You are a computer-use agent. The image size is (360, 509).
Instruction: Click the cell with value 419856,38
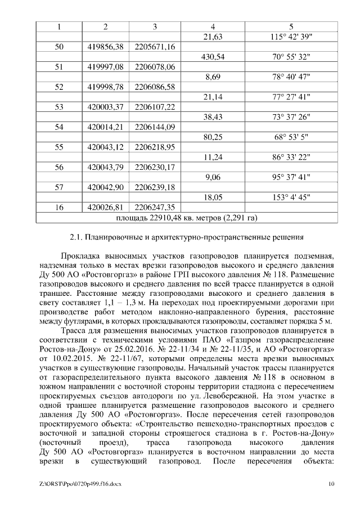[x=106, y=47]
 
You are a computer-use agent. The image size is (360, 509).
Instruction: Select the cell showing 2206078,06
[x=155, y=67]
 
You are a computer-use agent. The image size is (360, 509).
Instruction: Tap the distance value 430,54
[x=212, y=57]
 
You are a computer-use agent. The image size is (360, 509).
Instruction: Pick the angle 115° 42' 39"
[x=291, y=37]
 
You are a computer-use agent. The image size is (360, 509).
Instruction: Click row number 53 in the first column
[x=59, y=107]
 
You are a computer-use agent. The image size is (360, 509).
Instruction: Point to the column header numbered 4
[x=212, y=26]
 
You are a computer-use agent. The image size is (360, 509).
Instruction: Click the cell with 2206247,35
[x=155, y=207]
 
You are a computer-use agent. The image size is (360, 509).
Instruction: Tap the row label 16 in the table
[x=59, y=207]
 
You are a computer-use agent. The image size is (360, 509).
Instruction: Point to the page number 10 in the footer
[x=331, y=484]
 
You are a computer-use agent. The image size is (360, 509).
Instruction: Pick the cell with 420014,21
[x=106, y=127]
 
